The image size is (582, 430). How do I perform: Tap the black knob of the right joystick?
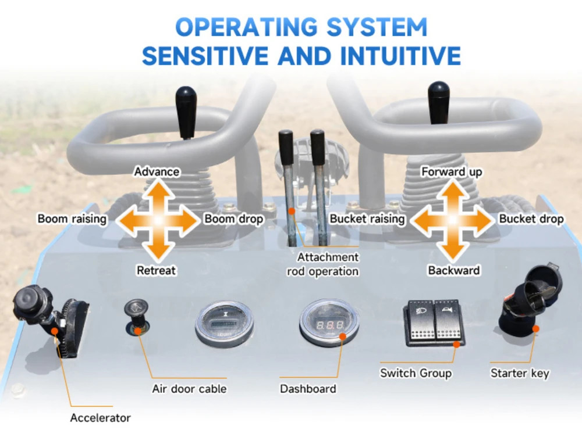point(439,103)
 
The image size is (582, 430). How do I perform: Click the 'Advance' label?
point(157,171)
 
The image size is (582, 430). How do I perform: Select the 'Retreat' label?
point(156,270)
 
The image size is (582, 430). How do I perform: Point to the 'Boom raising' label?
point(72,218)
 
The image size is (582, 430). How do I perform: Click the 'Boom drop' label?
point(234,218)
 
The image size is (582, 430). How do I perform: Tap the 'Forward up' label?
point(452,172)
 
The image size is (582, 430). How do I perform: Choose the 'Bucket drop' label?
point(531,218)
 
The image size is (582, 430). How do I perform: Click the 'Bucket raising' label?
point(367,218)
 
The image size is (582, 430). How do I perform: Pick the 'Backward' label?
point(453,270)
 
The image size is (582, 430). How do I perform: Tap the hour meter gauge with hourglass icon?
point(224,324)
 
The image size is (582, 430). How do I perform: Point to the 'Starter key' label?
point(520,373)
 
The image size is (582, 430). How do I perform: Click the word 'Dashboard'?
point(308,389)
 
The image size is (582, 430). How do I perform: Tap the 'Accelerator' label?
point(100,418)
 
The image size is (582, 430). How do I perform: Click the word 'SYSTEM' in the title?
point(377,27)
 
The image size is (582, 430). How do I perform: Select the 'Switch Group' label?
point(416,373)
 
